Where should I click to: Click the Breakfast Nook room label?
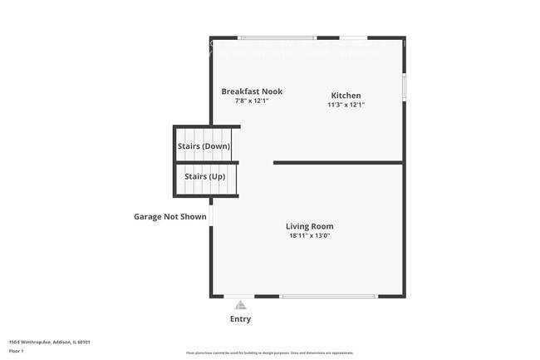pyautogui.click(x=252, y=91)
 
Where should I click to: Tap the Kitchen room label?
pyautogui.click(x=346, y=96)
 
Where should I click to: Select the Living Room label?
pyautogui.click(x=309, y=226)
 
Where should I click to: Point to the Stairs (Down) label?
pyautogui.click(x=204, y=146)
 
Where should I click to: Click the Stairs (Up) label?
pyautogui.click(x=204, y=177)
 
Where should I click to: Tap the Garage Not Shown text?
pyautogui.click(x=170, y=217)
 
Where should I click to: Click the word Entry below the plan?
pyautogui.click(x=240, y=319)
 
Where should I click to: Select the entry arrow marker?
pyautogui.click(x=241, y=304)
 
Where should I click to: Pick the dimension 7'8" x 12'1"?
pyautogui.click(x=252, y=101)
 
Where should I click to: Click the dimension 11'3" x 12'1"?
pyautogui.click(x=346, y=105)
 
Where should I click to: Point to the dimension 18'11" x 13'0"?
pyautogui.click(x=309, y=235)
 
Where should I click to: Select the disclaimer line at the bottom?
pyautogui.click(x=269, y=353)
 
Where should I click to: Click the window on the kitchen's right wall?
pyautogui.click(x=404, y=86)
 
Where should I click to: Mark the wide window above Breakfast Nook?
pyautogui.click(x=277, y=37)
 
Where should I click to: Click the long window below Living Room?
pyautogui.click(x=329, y=296)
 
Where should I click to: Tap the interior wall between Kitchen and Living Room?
pyautogui.click(x=339, y=162)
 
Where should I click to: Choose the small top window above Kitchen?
pyautogui.click(x=354, y=37)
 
